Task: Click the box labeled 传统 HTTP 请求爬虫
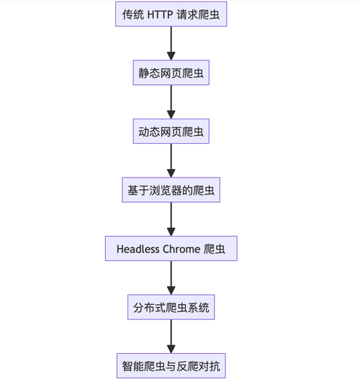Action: [x=171, y=14]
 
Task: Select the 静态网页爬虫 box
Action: [x=171, y=73]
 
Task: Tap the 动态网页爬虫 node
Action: [x=171, y=132]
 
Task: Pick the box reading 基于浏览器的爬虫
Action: [x=171, y=191]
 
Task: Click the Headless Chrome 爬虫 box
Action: [x=171, y=249]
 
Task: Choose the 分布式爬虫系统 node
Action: [x=171, y=308]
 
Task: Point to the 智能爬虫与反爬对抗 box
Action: [x=171, y=366]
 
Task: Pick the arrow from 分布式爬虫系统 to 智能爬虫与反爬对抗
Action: [x=171, y=335]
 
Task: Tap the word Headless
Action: [x=142, y=249]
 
